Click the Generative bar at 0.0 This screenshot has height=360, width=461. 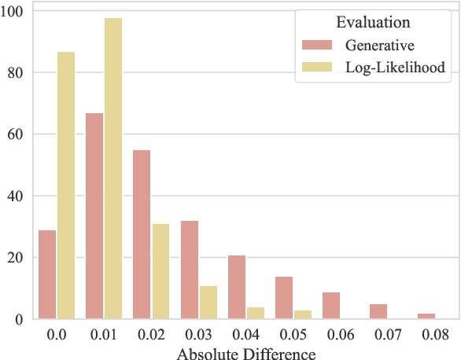pyautogui.click(x=47, y=274)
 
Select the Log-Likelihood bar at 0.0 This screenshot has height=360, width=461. pyautogui.click(x=65, y=186)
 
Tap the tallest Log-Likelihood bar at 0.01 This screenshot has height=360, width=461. pyautogui.click(x=113, y=168)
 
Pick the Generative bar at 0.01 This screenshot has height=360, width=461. pyautogui.click(x=94, y=216)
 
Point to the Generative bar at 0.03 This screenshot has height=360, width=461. pyautogui.click(x=190, y=270)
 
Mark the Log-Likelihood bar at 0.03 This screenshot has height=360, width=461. pyautogui.click(x=208, y=302)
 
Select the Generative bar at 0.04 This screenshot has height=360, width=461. pyautogui.click(x=237, y=287)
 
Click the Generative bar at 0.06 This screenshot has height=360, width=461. pyautogui.click(x=331, y=306)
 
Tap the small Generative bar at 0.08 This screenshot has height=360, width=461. pyautogui.click(x=426, y=316)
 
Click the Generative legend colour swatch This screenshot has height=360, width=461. pyautogui.click(x=316, y=46)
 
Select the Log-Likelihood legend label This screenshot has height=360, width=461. pyautogui.click(x=395, y=68)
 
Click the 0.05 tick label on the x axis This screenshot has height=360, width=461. pyautogui.click(x=293, y=334)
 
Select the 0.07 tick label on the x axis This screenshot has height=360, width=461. pyautogui.click(x=387, y=334)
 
